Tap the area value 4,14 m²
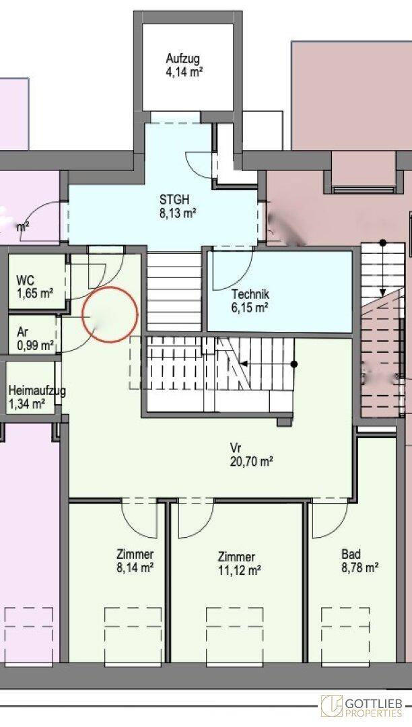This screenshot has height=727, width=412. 184,72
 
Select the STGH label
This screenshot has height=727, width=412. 174,201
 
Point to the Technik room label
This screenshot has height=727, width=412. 250,294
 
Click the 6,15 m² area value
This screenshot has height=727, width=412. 250,307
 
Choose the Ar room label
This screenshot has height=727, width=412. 22,332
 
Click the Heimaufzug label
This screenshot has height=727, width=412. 37,391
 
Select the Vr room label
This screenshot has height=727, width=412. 236,448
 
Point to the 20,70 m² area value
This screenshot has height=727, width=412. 251,461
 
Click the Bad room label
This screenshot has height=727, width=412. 351,554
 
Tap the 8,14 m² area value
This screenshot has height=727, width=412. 135,567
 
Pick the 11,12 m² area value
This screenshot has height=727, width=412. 239,569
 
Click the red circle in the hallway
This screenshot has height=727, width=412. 110,287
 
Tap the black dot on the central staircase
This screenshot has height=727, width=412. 294,364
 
